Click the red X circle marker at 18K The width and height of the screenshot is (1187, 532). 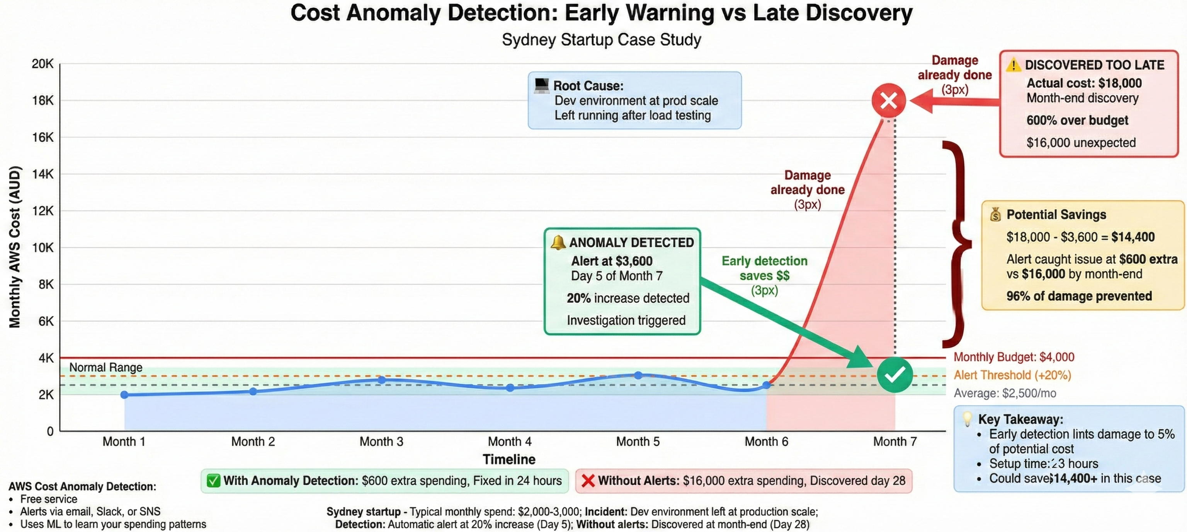[x=888, y=100]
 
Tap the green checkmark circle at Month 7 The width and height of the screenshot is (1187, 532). [x=895, y=375]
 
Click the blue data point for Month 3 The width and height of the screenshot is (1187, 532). [x=381, y=380]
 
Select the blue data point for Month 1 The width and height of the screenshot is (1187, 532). [x=124, y=395]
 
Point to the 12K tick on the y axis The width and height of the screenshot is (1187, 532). [x=43, y=211]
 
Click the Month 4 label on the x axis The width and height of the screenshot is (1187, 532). [x=510, y=441]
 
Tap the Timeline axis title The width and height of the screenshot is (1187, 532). [x=509, y=459]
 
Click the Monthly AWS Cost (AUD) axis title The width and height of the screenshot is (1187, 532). [x=15, y=247]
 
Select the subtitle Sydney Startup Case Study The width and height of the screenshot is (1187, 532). [x=601, y=40]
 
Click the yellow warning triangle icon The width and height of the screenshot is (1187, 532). [x=1013, y=65]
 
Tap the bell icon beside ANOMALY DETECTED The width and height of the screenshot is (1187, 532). [x=558, y=242]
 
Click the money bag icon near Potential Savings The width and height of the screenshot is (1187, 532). [x=995, y=214]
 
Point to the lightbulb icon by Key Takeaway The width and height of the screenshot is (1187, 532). [x=967, y=419]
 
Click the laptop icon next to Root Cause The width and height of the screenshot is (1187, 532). [x=541, y=85]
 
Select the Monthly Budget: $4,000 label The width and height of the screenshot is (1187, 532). [x=1014, y=357]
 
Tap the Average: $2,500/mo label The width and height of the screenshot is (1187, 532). [x=1005, y=393]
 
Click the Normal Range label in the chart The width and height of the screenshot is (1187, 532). [x=105, y=367]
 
